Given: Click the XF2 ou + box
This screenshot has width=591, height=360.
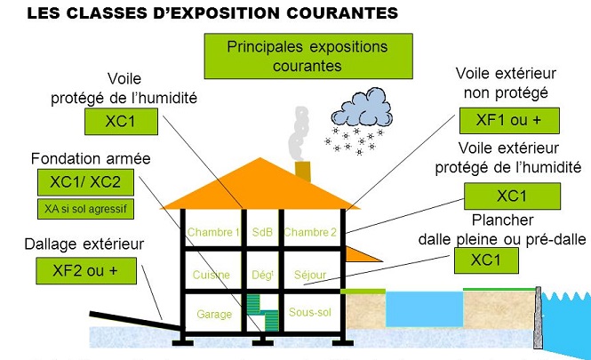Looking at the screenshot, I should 84,271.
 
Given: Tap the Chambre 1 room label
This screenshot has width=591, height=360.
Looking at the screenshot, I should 213,233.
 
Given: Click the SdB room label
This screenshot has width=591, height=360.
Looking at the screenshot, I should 261,233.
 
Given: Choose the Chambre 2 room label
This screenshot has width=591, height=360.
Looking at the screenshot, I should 310,233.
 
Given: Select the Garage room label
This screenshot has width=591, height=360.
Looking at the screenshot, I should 214,314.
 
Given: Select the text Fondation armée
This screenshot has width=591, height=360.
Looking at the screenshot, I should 78,160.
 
